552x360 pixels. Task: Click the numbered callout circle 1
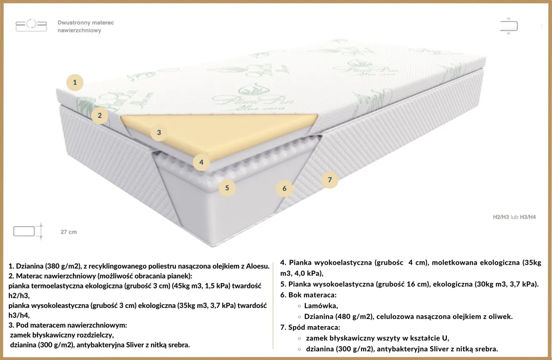point(75,82)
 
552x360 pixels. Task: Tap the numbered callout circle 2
point(100,115)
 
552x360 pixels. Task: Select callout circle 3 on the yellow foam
point(159,132)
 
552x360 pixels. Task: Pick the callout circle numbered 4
point(201,163)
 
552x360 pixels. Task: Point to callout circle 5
point(227,188)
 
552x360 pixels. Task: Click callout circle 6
point(284,188)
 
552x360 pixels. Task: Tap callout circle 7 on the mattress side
point(330,180)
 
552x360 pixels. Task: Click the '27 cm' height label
point(69,232)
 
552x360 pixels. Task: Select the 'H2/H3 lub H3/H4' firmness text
point(514,217)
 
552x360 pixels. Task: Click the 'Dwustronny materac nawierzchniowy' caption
point(85,26)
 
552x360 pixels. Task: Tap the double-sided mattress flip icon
point(31,25)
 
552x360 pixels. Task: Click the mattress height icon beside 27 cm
point(28,231)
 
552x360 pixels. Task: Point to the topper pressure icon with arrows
point(509,26)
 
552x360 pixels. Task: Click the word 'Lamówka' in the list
point(321,306)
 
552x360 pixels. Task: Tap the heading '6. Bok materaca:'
point(308,295)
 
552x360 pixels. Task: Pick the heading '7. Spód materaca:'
point(310,328)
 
